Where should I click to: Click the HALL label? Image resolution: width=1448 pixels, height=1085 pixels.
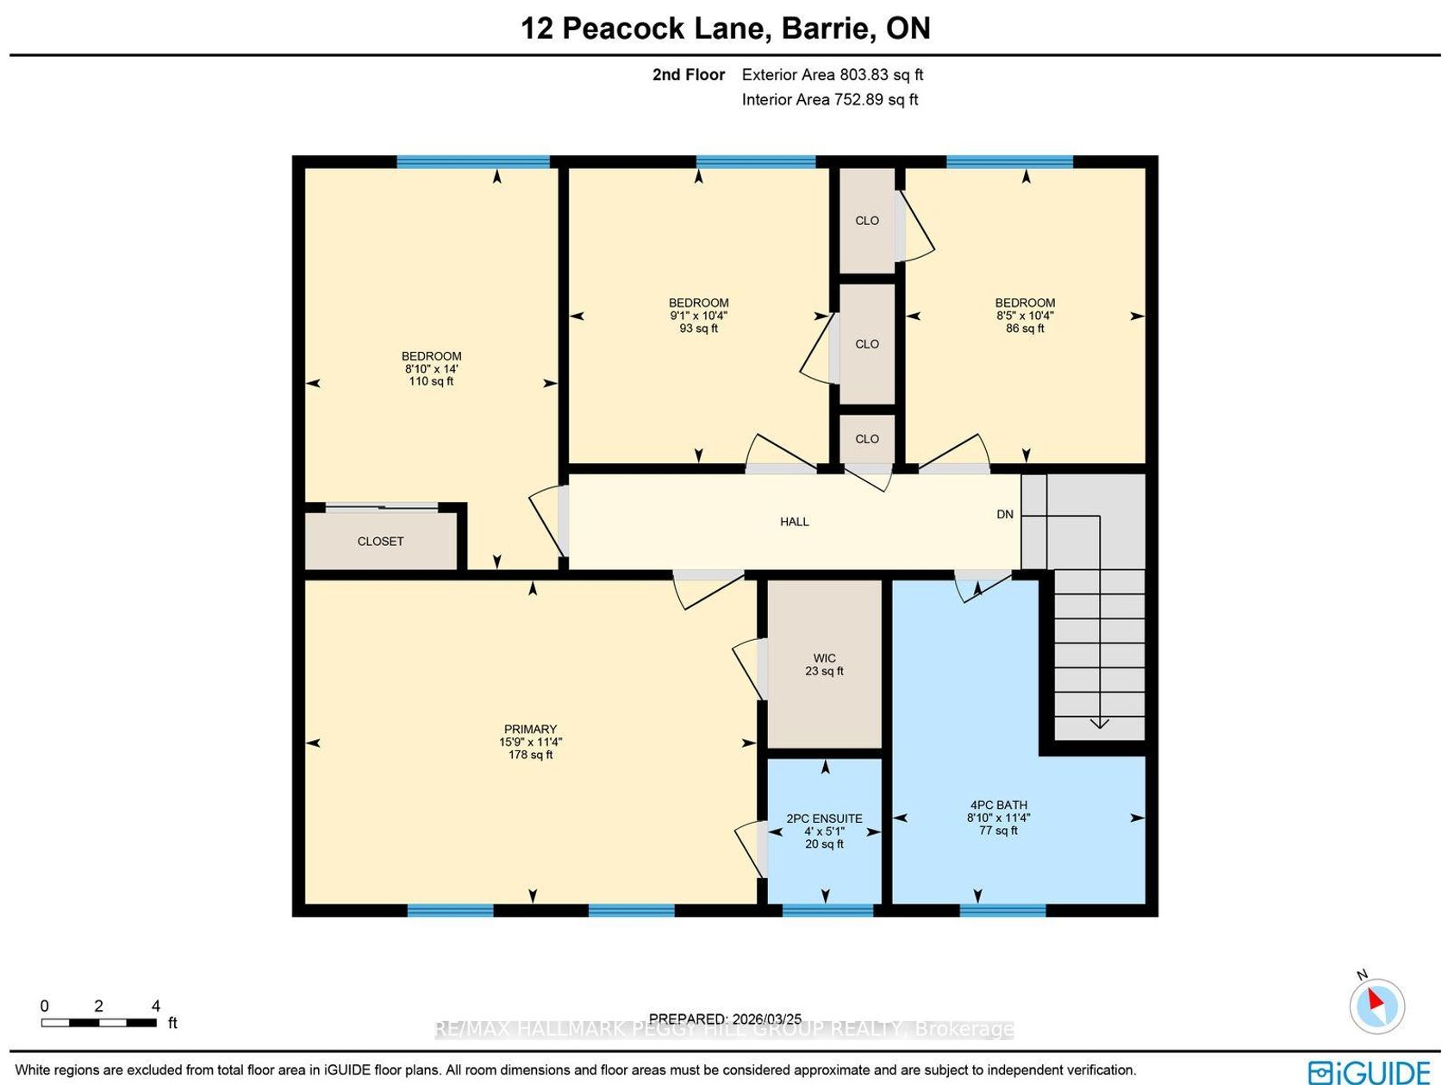pos(795,522)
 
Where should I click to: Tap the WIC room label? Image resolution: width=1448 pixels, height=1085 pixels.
pos(824,658)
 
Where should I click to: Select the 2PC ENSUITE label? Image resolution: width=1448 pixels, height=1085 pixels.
pos(824,818)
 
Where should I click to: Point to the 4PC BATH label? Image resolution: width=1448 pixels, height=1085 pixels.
pos(998,805)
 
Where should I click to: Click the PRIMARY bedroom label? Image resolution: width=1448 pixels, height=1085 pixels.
pos(530,730)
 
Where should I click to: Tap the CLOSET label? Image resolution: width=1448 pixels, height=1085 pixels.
pos(380,541)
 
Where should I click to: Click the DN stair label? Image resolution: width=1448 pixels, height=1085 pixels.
pos(1005,514)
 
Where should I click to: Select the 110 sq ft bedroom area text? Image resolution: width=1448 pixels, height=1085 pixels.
pos(431,381)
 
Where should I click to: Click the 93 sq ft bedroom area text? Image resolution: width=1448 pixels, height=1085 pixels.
pos(699,328)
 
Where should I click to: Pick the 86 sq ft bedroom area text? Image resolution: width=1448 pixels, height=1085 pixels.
pos(1025,328)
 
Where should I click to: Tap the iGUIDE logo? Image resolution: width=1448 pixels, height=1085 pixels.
pos(1369,1072)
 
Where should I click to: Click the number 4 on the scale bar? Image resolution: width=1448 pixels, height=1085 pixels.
pos(156,1006)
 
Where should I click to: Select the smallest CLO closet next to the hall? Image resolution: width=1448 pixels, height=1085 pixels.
pos(867,439)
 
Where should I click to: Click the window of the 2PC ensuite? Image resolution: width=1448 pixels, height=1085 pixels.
pos(827,911)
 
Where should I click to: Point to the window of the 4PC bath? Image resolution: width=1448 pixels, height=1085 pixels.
pos(1002,911)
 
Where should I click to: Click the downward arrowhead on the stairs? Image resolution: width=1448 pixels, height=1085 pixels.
pos(1099,724)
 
